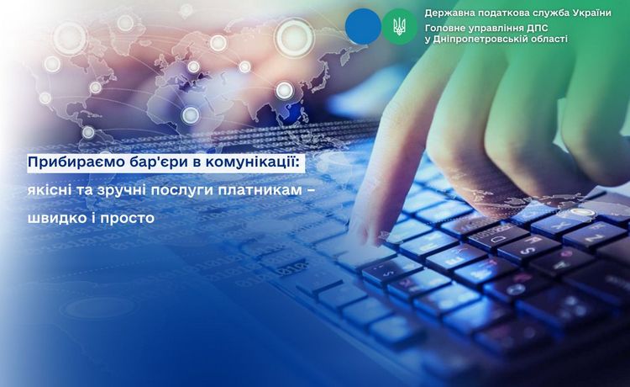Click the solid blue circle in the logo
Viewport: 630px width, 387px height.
(363, 26)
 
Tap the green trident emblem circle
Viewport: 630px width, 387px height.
(399, 26)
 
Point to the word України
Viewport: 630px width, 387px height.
(591, 13)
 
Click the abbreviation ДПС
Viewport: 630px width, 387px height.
(537, 28)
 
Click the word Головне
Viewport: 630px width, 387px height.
(444, 28)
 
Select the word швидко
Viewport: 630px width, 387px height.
(54, 218)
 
